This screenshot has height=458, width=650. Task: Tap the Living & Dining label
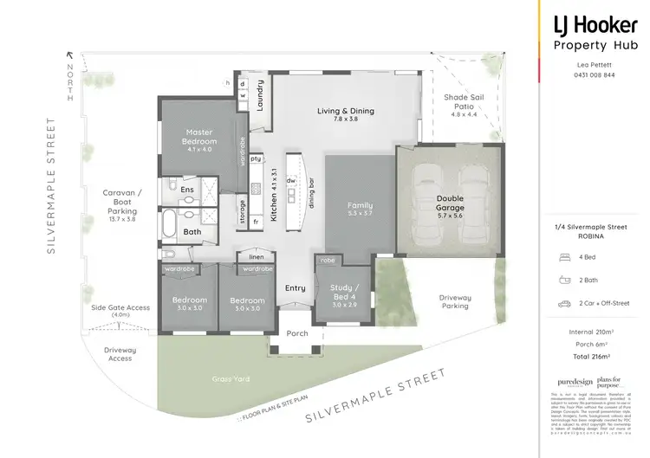coord(345,111)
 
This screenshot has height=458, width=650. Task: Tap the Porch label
coord(296,333)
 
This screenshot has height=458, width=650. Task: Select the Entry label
coord(295,288)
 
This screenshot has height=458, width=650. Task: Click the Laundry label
coord(259,96)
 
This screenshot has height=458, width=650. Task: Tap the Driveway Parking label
coord(455,301)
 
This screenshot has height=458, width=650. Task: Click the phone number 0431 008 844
coord(596,75)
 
